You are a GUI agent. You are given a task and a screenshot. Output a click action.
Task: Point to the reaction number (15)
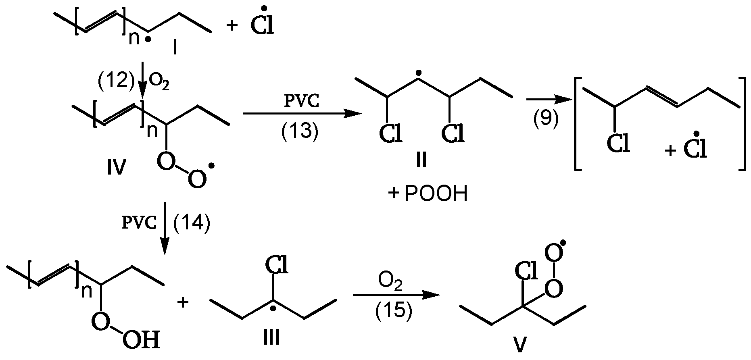394,312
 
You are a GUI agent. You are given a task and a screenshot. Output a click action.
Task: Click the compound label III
271,337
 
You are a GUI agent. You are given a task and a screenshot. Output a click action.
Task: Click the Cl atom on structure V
525,272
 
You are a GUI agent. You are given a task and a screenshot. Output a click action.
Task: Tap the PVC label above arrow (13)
301,102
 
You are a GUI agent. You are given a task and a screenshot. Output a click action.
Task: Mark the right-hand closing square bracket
742,124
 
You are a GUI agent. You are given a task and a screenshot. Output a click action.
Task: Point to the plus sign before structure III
184,302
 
